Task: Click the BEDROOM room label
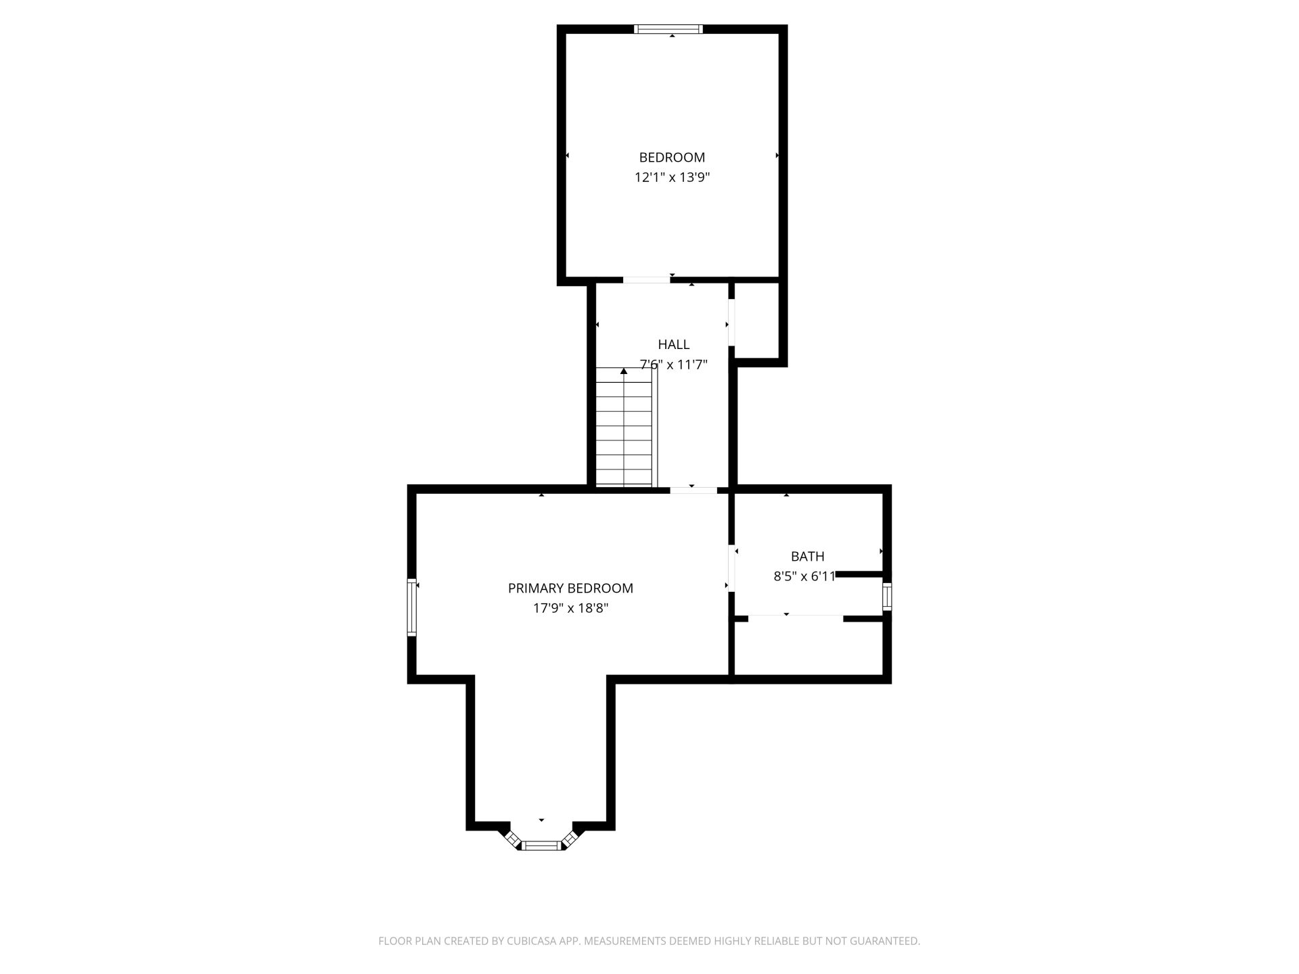[672, 158]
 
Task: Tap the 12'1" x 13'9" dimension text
[672, 178]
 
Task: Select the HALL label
[674, 344]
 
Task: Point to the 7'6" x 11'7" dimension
[674, 365]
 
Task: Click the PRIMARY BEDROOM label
[570, 588]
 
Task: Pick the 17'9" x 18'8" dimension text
[570, 608]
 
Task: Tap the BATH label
[808, 557]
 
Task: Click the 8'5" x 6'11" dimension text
[805, 577]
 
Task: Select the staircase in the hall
[626, 427]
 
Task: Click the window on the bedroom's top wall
[668, 29]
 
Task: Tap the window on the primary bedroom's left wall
[411, 607]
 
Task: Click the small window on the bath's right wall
[887, 597]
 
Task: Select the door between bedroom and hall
[646, 280]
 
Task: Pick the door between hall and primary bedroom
[693, 490]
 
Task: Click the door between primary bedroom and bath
[731, 568]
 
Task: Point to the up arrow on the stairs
[624, 371]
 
